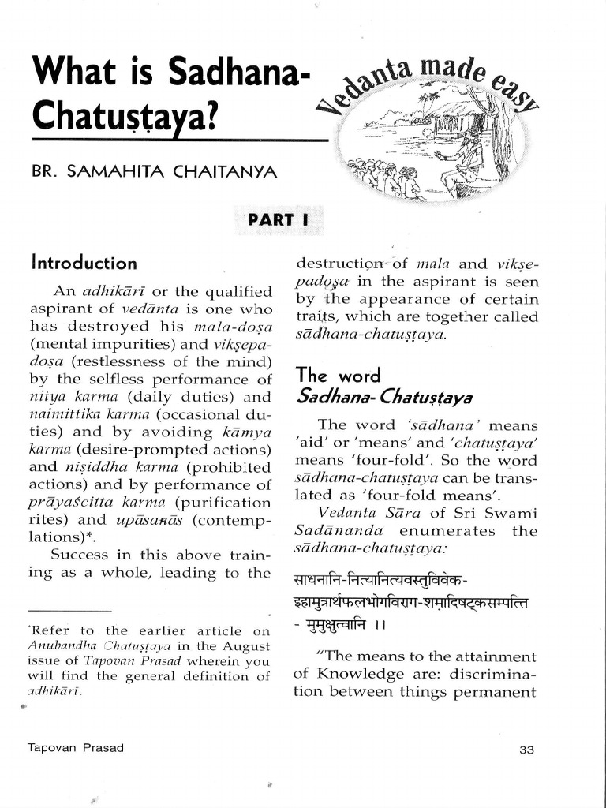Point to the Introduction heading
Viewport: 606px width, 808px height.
pos(84,262)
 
